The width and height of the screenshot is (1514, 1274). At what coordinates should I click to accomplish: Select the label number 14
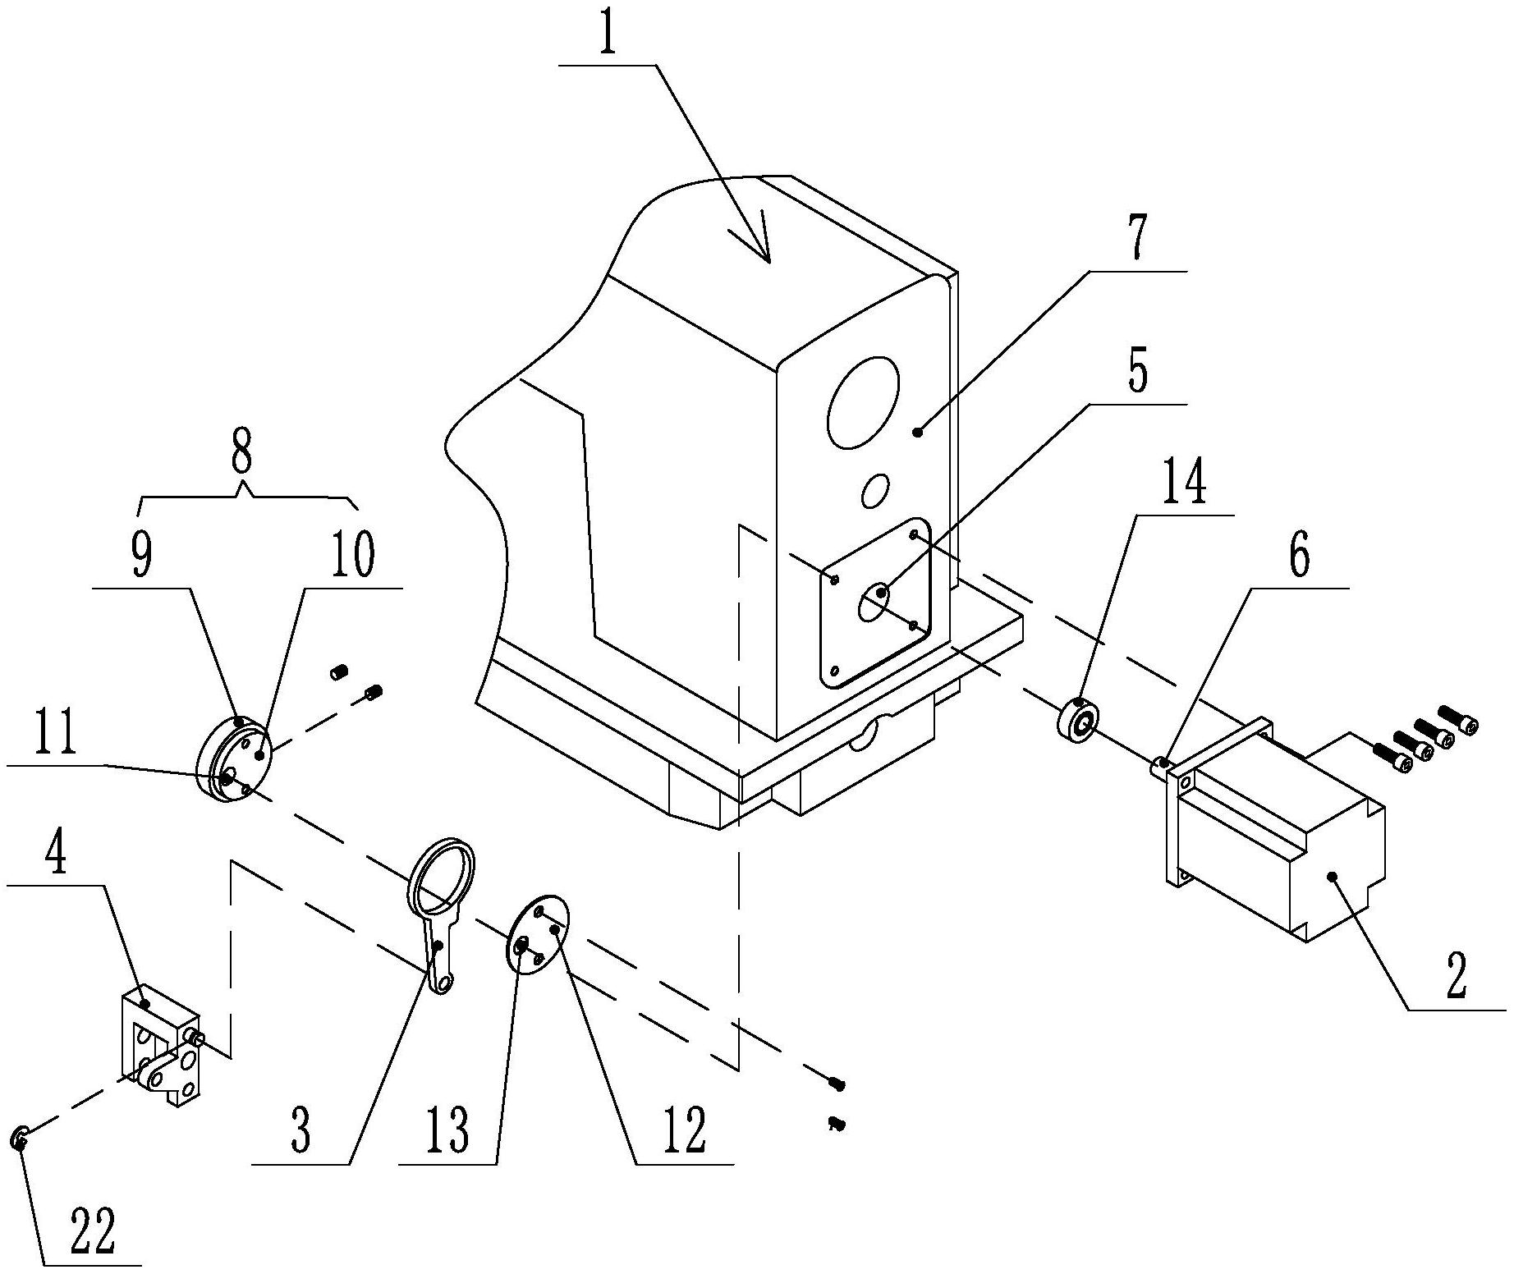pos(1186,484)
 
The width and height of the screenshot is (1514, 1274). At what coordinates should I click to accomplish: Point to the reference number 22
pos(92,1230)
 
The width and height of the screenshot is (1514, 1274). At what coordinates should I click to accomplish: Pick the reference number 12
pos(683,1131)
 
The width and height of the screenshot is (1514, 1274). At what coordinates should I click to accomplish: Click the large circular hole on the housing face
pos(863,401)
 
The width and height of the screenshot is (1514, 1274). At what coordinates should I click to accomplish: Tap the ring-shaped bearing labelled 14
pos(1076,719)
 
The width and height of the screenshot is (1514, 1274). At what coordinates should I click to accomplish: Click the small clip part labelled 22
pos(20,1139)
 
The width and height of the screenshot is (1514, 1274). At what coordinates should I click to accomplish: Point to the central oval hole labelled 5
pos(873,603)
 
